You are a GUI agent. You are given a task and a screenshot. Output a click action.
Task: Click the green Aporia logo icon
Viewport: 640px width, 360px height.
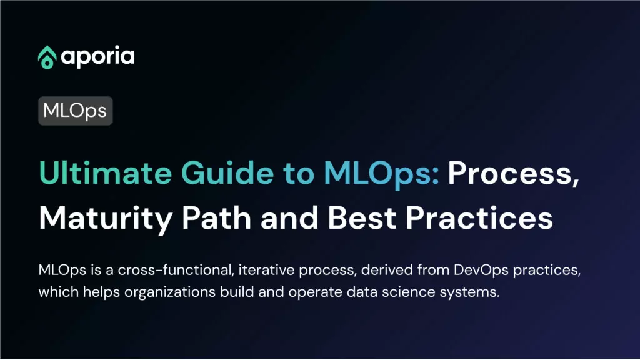click(x=47, y=57)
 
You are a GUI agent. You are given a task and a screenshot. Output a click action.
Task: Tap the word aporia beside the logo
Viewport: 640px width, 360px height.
click(x=97, y=57)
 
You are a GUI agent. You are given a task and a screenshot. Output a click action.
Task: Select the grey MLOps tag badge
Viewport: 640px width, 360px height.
click(x=75, y=111)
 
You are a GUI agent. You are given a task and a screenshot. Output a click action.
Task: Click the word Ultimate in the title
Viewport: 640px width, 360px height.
click(x=105, y=172)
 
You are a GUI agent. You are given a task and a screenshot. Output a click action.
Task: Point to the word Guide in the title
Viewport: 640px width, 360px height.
click(x=227, y=172)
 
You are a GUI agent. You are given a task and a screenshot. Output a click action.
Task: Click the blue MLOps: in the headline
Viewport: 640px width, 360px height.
click(x=382, y=174)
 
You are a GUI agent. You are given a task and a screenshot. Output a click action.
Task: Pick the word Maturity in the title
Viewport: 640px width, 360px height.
click(x=106, y=219)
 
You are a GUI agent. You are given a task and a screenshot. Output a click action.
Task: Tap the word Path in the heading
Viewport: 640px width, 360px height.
click(x=216, y=217)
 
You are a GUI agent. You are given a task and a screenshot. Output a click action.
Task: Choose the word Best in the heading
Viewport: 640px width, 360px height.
click(x=362, y=217)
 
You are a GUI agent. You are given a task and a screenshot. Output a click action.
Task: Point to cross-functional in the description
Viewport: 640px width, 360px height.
click(x=176, y=270)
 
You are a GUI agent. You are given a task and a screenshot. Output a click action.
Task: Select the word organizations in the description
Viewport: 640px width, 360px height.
click(x=170, y=292)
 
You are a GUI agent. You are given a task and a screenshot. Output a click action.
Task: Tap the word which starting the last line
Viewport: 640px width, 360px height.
click(x=58, y=292)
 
